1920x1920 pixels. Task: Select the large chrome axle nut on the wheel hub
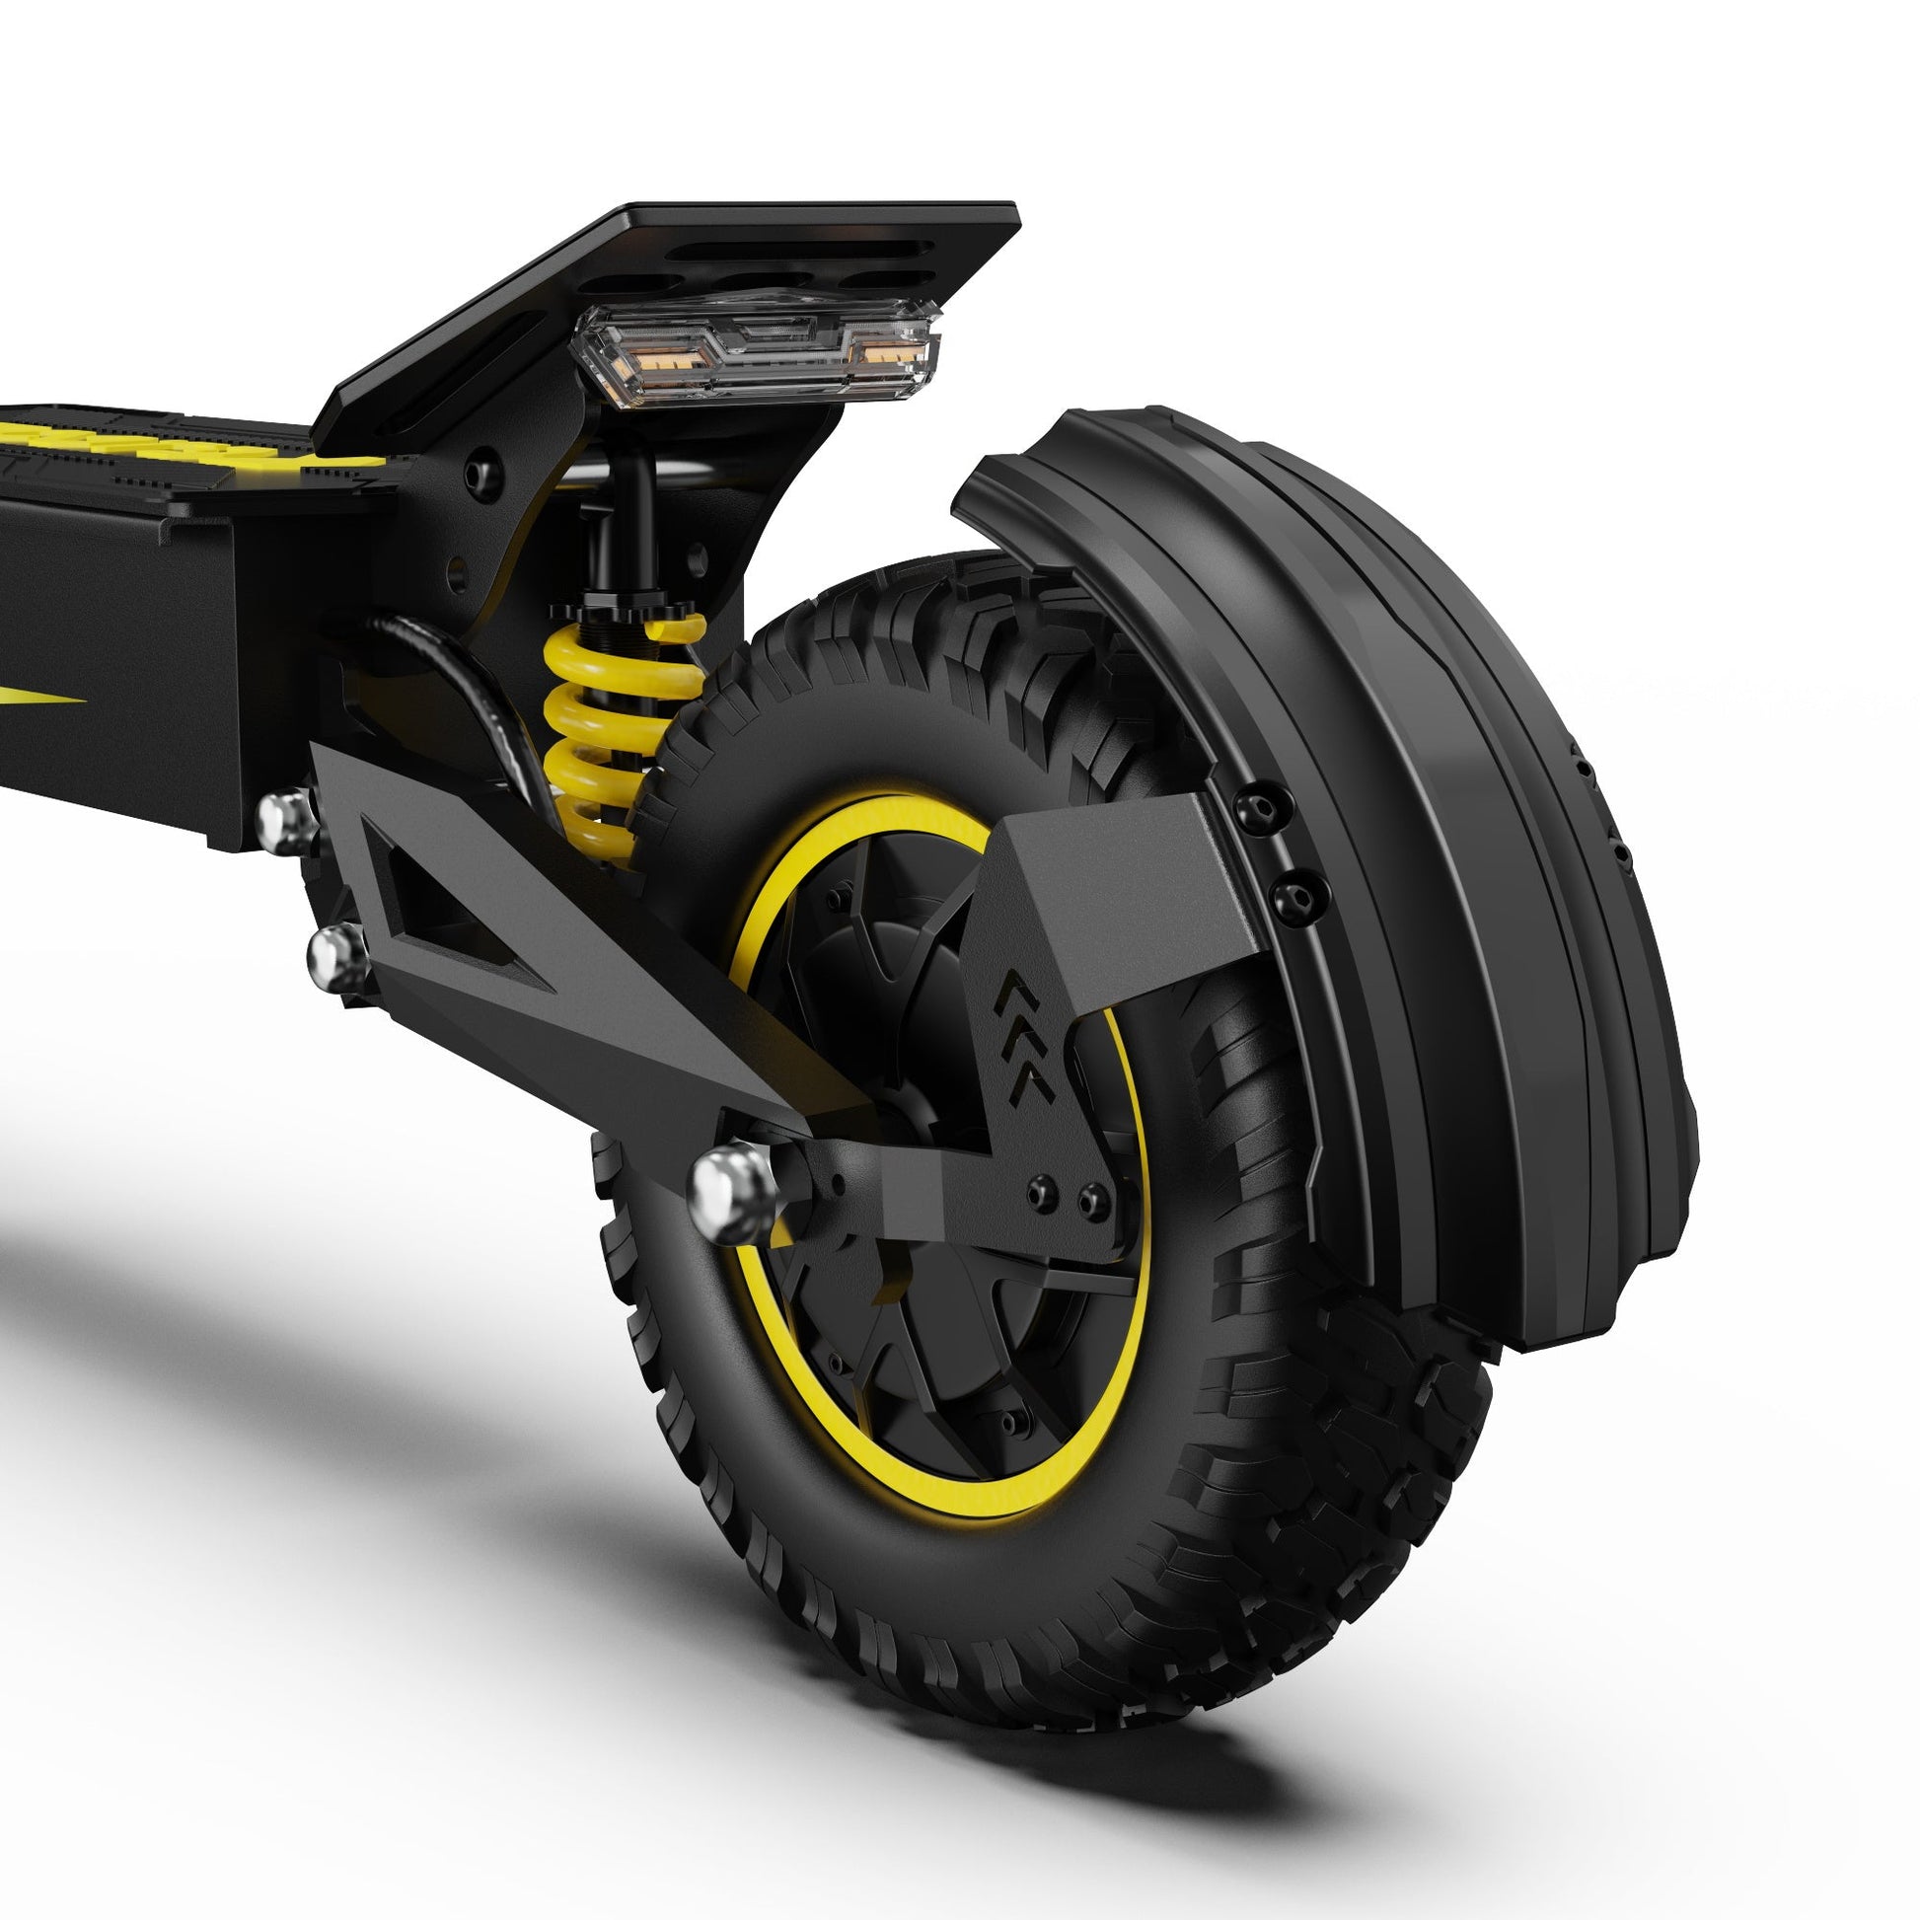[730, 1192]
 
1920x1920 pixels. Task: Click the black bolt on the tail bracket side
[483, 464]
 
